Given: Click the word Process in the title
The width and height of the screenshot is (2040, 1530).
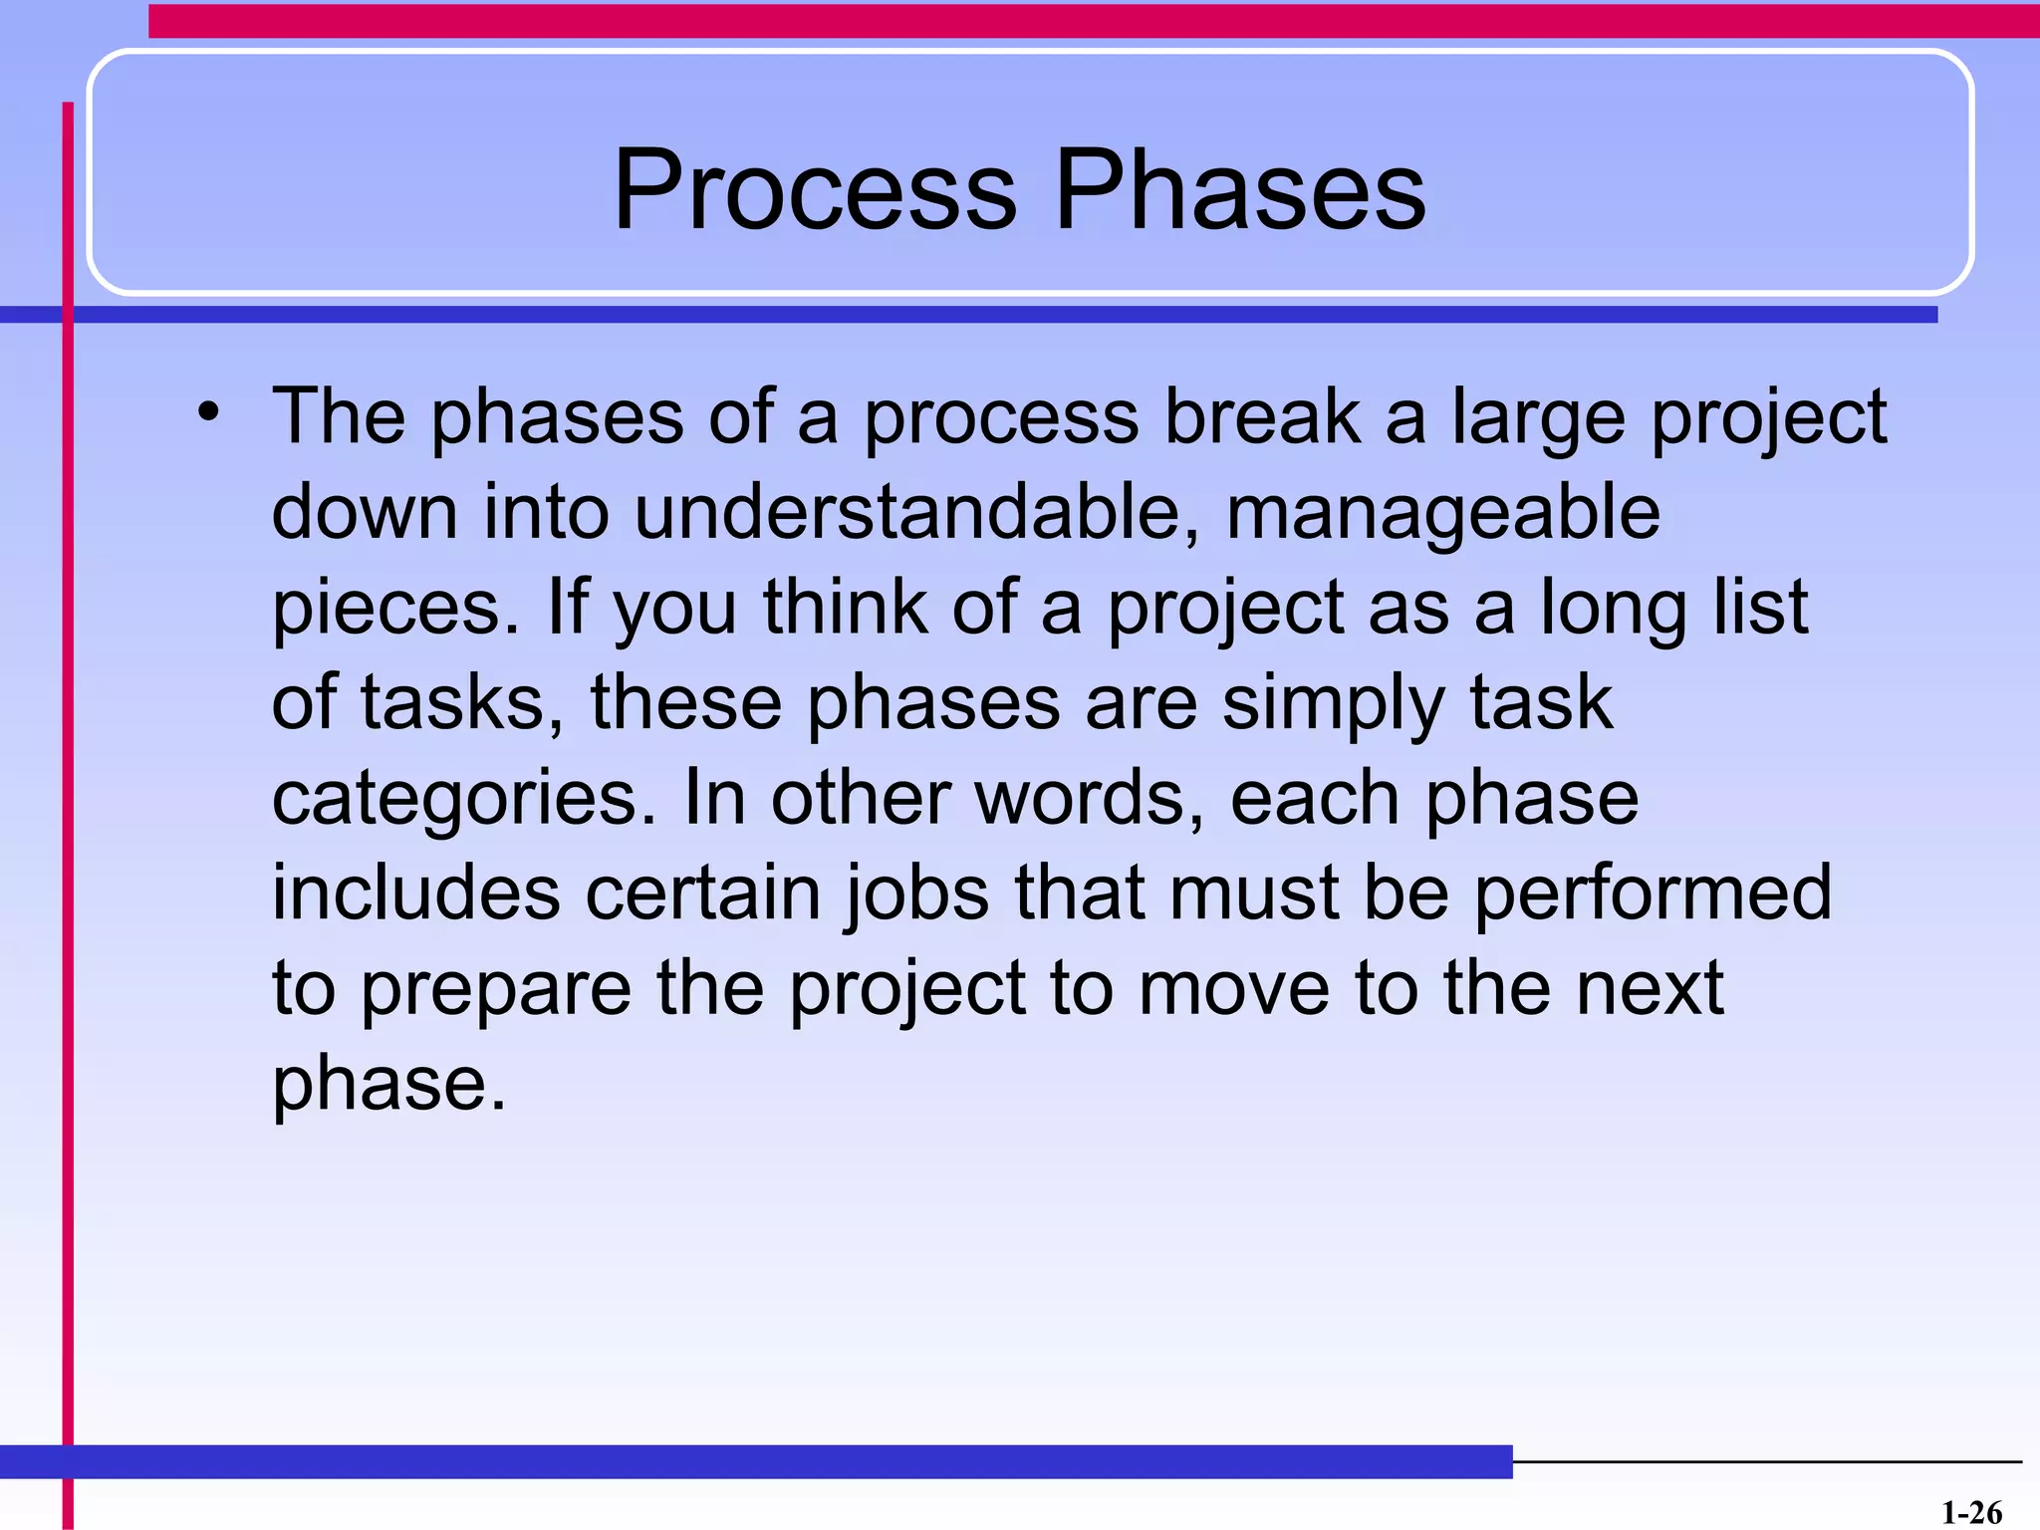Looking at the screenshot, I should pos(815,189).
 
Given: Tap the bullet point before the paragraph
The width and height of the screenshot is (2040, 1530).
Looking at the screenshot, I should pos(207,411).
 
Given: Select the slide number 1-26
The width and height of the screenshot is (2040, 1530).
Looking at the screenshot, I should pos(1971,1512).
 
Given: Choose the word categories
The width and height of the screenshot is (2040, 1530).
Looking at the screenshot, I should pos(464,800).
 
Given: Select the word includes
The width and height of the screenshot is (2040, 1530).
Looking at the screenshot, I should pos(416,892).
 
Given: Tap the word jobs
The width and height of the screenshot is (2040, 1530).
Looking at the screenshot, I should pos(917,894).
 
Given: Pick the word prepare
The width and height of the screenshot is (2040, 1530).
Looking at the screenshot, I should pos(495,990).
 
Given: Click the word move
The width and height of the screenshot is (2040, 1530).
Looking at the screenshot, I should pos(1234,989).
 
